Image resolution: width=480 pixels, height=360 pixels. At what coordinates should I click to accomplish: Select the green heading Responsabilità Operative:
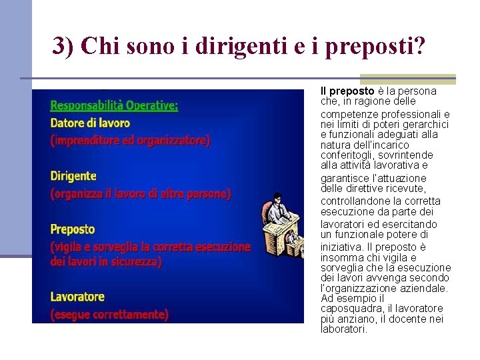pos(114,105)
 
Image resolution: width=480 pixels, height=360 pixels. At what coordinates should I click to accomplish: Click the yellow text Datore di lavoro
pos(90,123)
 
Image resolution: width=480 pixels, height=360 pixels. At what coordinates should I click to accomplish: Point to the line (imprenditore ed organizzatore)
pos(130,141)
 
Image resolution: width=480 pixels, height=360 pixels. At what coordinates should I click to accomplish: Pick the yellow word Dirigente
pos(73,176)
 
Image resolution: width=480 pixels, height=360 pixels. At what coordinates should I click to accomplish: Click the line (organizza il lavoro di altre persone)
pos(141,194)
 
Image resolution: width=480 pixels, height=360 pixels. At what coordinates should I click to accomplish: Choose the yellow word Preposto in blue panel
pos(73,229)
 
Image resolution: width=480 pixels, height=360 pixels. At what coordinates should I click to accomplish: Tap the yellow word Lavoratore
pos(77,296)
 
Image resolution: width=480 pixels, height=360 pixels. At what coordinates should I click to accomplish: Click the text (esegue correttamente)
pos(109,314)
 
